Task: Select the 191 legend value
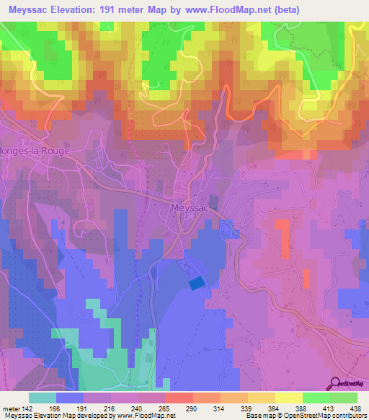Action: click(85, 408)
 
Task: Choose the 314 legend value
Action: click(220, 408)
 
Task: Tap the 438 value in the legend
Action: click(355, 408)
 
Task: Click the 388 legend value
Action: click(301, 408)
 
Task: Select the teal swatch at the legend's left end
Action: click(43, 398)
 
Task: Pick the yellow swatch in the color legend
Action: click(289, 398)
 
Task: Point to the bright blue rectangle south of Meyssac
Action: click(196, 284)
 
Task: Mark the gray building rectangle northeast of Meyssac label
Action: click(212, 203)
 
